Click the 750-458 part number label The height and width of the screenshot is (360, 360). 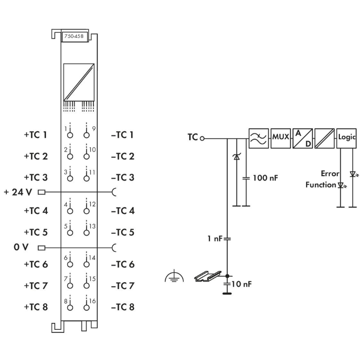(74, 37)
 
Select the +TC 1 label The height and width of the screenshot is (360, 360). (36, 135)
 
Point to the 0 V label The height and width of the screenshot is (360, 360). (21, 248)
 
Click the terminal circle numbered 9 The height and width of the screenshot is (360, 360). (86, 135)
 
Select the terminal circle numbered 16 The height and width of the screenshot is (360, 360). (86, 307)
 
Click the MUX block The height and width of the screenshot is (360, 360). (280, 137)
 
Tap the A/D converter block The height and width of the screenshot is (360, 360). (302, 137)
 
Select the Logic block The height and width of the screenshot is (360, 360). (346, 137)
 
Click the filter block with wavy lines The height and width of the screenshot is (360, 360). (259, 137)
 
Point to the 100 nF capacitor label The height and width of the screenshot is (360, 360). (265, 178)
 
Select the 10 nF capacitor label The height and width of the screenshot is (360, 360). (241, 284)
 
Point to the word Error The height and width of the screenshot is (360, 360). (330, 174)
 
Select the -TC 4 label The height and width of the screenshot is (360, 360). (122, 211)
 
